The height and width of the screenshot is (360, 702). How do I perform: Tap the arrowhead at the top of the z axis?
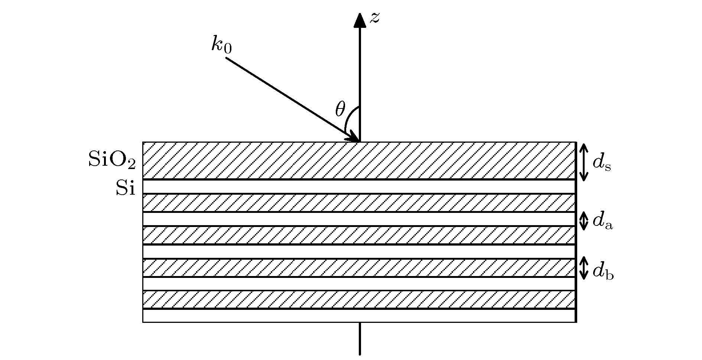tap(360, 20)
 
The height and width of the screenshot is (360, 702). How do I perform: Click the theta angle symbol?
tap(340, 110)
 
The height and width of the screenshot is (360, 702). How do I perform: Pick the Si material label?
tap(126, 188)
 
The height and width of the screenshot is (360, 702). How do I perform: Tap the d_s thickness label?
tap(602, 162)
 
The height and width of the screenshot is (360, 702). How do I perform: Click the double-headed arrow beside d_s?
tap(584, 162)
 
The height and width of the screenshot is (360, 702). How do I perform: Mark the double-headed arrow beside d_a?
tap(584, 221)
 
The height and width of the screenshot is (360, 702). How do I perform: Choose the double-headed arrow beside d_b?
tap(584, 268)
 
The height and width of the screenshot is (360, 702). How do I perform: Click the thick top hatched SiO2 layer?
tap(359, 160)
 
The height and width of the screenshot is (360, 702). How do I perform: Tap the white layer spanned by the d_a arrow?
tap(359, 219)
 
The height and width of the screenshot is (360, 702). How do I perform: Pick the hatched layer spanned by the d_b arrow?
tap(359, 268)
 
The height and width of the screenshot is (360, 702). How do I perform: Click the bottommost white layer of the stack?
tap(359, 315)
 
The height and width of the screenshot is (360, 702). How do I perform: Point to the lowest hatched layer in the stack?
tap(359, 300)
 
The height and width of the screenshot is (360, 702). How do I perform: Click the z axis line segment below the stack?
tap(360, 338)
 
